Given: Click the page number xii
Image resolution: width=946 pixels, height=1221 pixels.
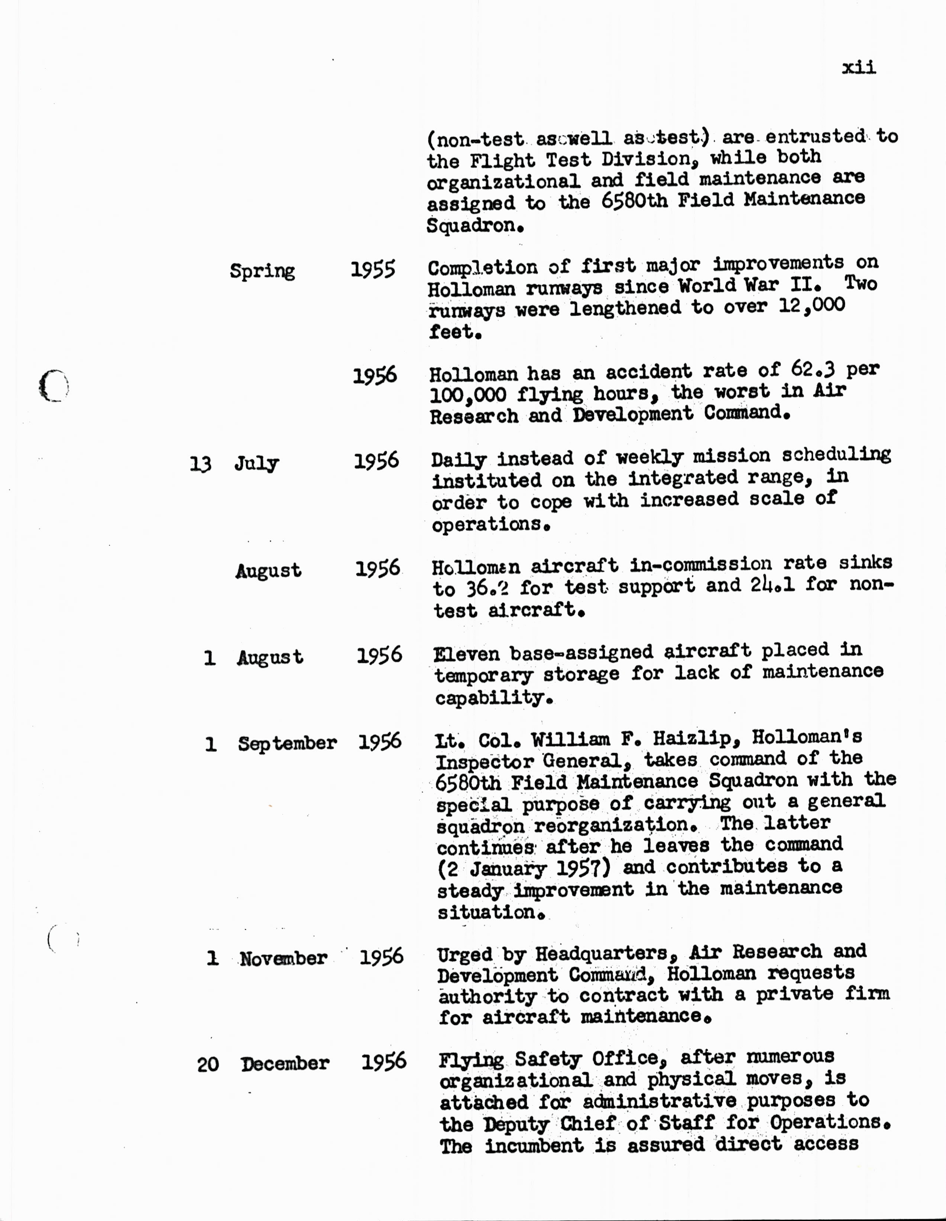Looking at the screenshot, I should tap(858, 68).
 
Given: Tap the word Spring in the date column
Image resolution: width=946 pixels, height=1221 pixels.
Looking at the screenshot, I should tap(262, 271).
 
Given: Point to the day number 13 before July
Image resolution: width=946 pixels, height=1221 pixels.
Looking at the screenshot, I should tap(200, 464).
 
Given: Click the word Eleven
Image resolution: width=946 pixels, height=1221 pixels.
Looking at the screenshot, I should tap(467, 654).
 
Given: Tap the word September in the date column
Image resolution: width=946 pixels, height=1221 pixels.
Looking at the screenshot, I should tap(287, 743).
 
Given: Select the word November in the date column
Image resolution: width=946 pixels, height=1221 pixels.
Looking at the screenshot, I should tap(283, 958).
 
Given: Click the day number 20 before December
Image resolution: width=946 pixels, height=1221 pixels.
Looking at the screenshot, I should tap(208, 1064).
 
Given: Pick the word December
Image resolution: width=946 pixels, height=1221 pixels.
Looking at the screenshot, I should tap(285, 1063).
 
